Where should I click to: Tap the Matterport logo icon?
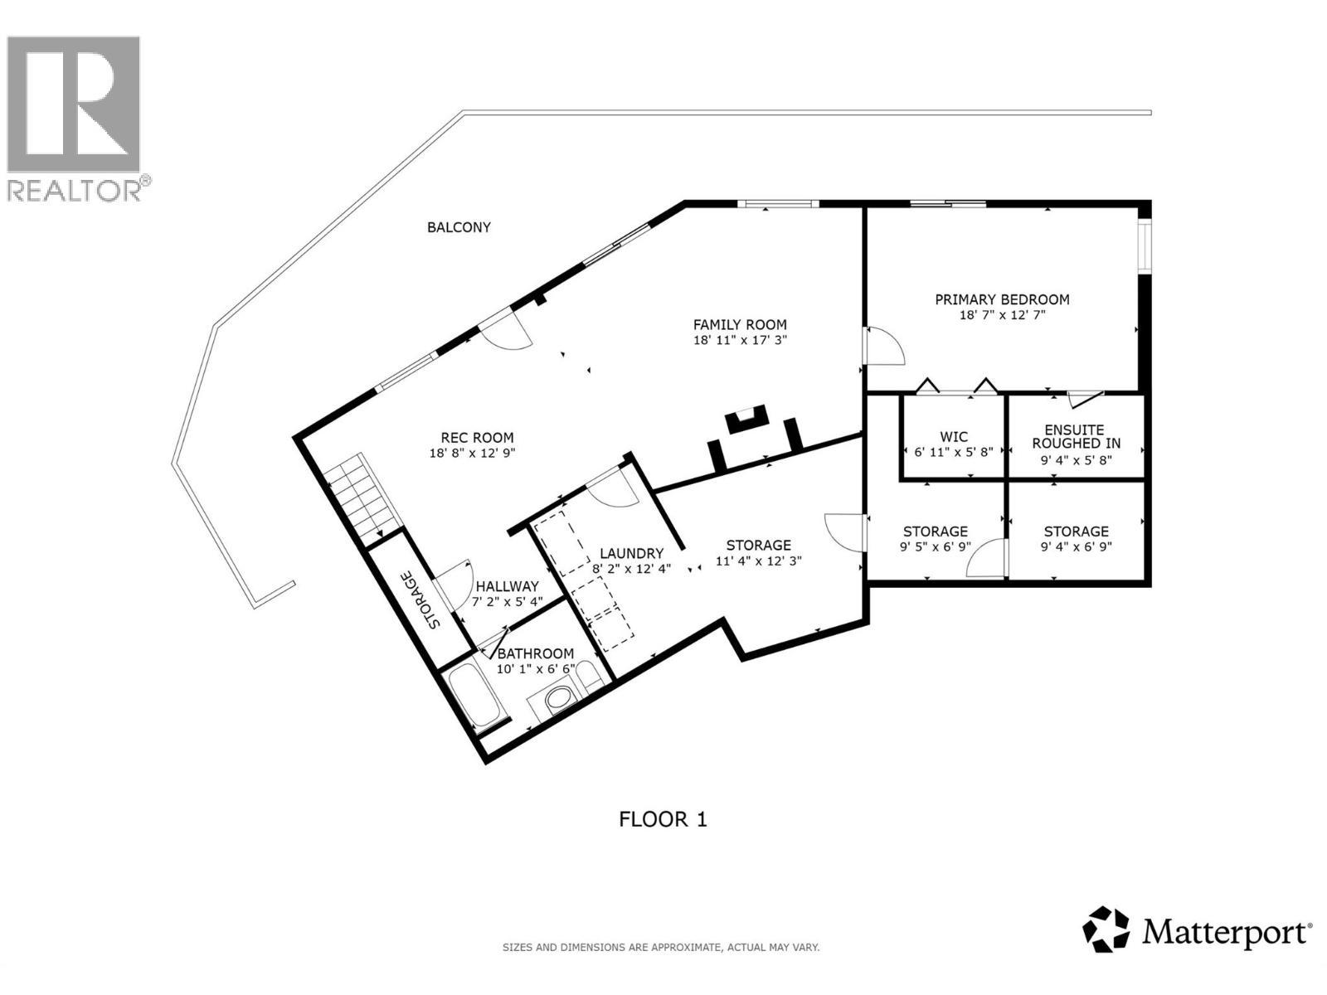1106,929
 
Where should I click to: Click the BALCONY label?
459,227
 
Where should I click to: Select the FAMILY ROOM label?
740,325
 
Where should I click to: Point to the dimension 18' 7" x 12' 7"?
1002,315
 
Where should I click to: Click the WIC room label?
954,437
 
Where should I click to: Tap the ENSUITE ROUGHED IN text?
1076,436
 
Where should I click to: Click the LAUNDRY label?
631,554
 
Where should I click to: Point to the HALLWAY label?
507,586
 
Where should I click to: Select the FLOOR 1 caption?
663,819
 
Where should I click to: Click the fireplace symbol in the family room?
746,420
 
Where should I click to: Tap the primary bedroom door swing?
883,347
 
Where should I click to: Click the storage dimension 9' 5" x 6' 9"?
935,547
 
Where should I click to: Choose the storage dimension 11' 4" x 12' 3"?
758,561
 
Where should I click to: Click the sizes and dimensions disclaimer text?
661,947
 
